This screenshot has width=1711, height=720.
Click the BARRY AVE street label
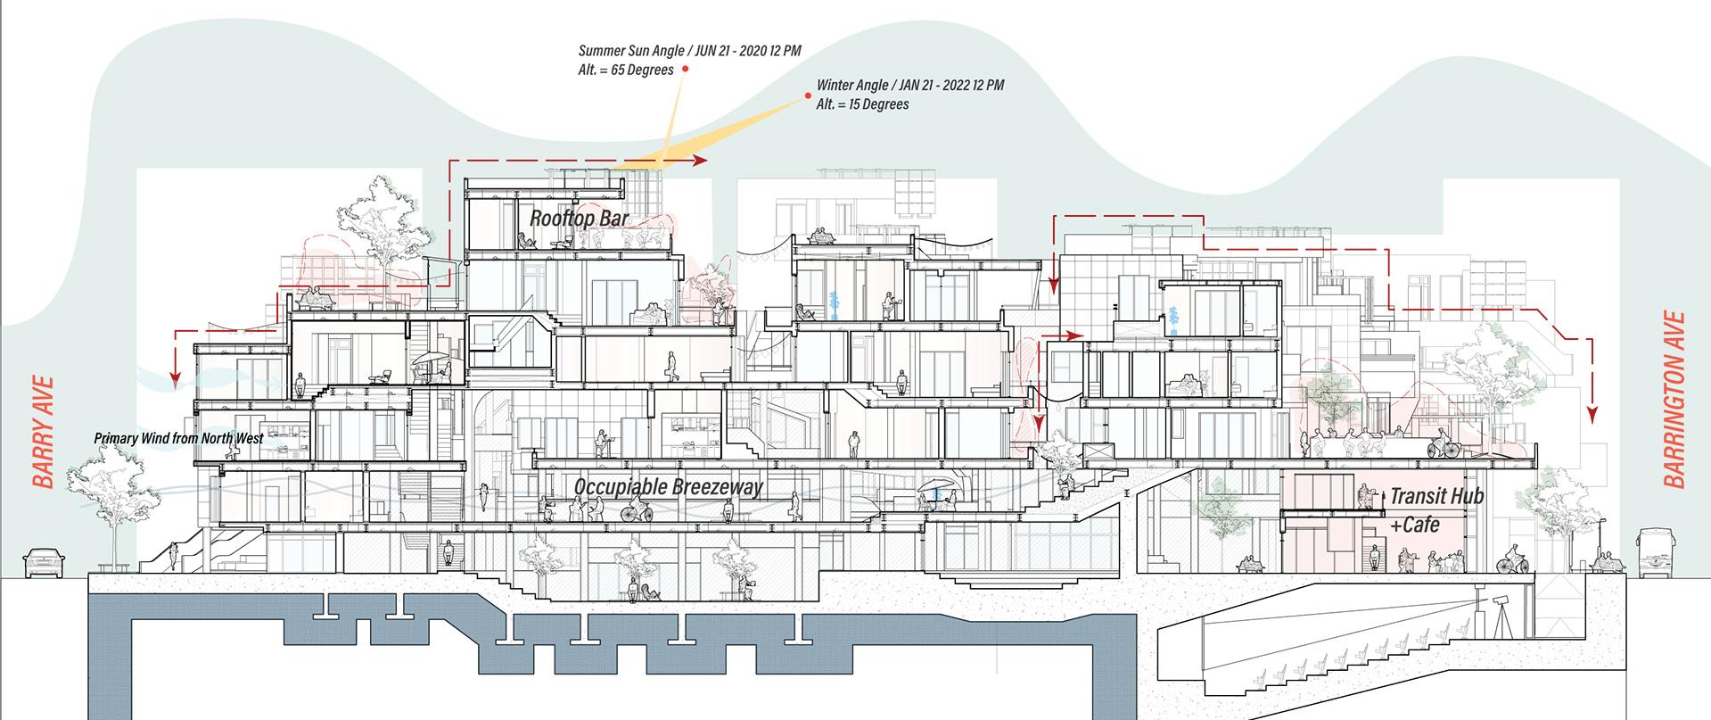(x=43, y=432)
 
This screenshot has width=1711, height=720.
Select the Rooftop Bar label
(x=579, y=218)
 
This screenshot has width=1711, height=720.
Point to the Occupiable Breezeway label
(x=668, y=486)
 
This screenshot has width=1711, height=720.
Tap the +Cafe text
(x=1415, y=525)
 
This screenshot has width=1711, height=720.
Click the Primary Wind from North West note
(x=178, y=439)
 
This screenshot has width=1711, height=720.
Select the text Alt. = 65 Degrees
(x=625, y=70)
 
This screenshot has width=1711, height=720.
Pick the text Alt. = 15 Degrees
(x=862, y=103)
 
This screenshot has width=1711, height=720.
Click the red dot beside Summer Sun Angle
(x=685, y=69)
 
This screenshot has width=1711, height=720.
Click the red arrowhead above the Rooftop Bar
(x=699, y=161)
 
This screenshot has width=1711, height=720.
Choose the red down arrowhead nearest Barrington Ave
(x=1592, y=414)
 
